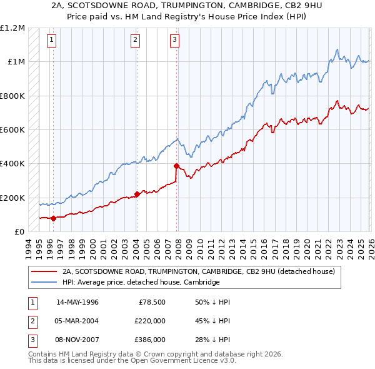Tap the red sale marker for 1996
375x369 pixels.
click(53, 218)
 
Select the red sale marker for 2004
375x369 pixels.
click(136, 195)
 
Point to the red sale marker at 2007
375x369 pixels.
click(176, 166)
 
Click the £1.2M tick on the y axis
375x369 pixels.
click(13, 28)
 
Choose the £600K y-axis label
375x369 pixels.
click(13, 130)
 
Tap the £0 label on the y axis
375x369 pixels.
click(18, 232)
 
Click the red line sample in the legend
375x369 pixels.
click(44, 272)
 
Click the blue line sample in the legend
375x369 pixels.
click(44, 282)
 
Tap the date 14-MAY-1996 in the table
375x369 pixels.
click(77, 302)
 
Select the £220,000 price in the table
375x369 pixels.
click(150, 321)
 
